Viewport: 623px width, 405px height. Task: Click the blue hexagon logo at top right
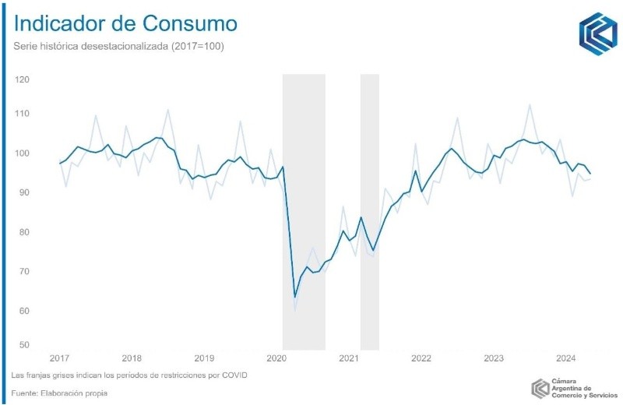[598, 33]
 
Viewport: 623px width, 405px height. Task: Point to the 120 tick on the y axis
[22, 80]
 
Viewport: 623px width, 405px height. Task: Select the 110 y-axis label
[22, 114]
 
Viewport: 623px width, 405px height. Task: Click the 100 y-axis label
[22, 153]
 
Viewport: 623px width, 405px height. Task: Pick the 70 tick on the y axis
[23, 272]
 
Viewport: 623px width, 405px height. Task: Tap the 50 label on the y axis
[23, 345]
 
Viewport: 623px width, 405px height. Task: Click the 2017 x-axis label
[59, 359]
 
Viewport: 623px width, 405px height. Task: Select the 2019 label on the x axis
[204, 359]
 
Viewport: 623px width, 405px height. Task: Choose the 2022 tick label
[421, 359]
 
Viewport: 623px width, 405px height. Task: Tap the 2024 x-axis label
[565, 359]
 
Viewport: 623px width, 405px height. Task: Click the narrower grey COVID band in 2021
[369, 210]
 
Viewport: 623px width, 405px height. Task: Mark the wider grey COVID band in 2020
[304, 210]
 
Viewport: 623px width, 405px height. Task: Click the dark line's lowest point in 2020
[295, 297]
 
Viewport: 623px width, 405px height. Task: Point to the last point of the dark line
[590, 174]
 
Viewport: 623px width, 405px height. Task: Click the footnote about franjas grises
[129, 375]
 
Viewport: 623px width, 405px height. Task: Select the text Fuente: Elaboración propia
[59, 393]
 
